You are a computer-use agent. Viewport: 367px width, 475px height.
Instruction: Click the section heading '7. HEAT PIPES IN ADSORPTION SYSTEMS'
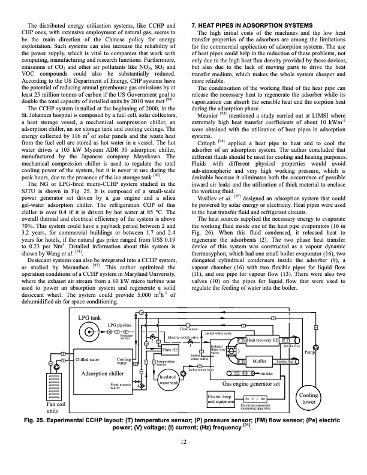pos(251,25)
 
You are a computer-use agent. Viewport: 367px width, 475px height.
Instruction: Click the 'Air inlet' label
pos(271,373)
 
